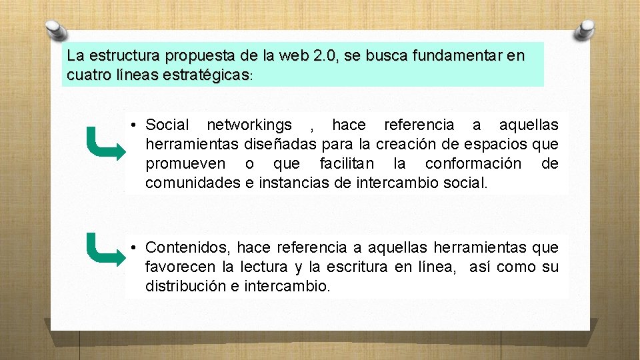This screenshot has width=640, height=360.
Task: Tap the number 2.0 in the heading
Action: pos(324,55)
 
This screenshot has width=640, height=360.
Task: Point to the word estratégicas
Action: pos(204,76)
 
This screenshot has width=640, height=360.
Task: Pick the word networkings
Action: pos(249,125)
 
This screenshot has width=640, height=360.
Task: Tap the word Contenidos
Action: pos(188,248)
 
